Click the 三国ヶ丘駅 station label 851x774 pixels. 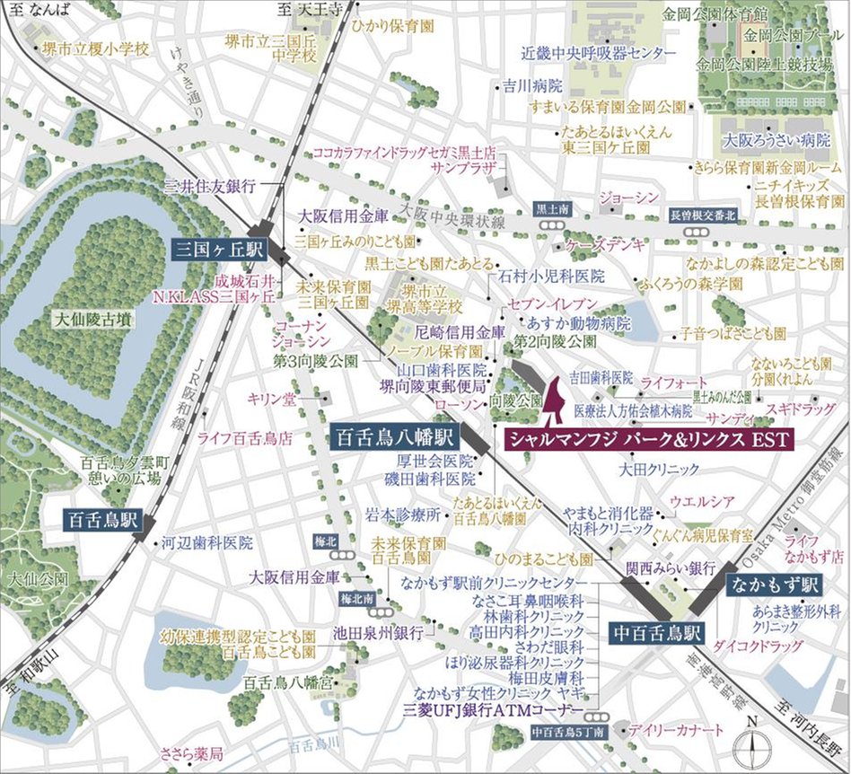215,249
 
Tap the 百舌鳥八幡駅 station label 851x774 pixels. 395,437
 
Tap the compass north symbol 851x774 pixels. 751,742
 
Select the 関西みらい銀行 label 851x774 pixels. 670,568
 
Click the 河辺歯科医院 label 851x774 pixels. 206,543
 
